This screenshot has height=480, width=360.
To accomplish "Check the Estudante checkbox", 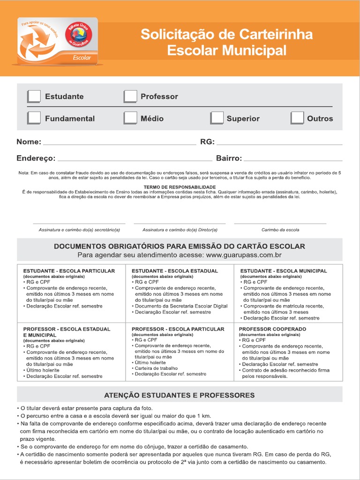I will click(x=34, y=96).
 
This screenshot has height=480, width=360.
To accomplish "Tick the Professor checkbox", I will click(x=130, y=96).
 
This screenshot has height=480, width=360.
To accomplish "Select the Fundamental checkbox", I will click(x=34, y=118).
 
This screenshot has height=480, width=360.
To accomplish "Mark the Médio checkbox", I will click(x=130, y=118).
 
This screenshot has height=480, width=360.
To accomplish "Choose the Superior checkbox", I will click(x=217, y=118).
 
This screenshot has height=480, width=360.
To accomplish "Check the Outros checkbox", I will click(x=297, y=118).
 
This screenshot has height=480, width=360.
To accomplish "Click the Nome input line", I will click(x=119, y=142).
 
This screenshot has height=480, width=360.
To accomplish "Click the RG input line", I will click(x=279, y=142).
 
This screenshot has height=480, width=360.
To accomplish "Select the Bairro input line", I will click(x=293, y=159).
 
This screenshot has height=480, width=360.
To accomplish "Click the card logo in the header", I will click(x=57, y=41).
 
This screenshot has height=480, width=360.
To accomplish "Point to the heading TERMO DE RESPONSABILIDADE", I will click(x=180, y=187).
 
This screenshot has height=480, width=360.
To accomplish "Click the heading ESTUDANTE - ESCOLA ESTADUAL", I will click(x=175, y=271).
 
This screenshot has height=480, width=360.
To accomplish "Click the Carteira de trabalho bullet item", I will click(x=156, y=368).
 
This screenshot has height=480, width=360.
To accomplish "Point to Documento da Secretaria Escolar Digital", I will click(x=181, y=306).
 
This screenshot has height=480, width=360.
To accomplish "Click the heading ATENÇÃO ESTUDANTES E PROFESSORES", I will click(x=180, y=395).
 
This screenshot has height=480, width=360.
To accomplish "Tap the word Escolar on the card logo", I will click(x=82, y=58).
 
